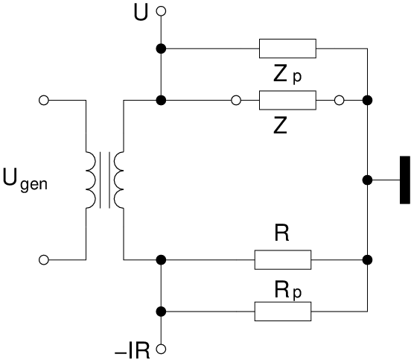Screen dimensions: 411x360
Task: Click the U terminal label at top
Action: click(141, 13)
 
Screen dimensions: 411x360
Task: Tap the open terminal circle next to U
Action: click(161, 11)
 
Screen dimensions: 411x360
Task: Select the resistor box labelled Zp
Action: click(287, 48)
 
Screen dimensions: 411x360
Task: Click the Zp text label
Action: click(287, 75)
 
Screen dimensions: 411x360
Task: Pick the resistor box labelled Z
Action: click(287, 100)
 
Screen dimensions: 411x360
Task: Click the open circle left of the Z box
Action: click(236, 100)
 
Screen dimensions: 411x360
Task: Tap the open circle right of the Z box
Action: click(340, 100)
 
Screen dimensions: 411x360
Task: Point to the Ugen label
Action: click(25, 180)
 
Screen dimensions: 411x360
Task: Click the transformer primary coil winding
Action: click(91, 180)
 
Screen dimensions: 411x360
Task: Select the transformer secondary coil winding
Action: click(118, 180)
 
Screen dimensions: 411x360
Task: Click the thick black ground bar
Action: click(405, 180)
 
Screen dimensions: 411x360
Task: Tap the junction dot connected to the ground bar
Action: click(367, 180)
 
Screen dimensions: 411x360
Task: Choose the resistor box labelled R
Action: click(283, 260)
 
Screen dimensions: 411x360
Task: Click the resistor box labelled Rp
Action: click(283, 312)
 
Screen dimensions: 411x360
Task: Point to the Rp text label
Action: click(288, 290)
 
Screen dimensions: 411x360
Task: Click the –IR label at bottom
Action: click(132, 350)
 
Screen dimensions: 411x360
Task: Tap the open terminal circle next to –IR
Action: click(161, 349)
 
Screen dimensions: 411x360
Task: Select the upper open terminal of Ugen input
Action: click(44, 100)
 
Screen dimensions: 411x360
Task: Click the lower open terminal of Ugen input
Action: click(44, 260)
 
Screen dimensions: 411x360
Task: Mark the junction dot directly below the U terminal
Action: click(161, 48)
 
